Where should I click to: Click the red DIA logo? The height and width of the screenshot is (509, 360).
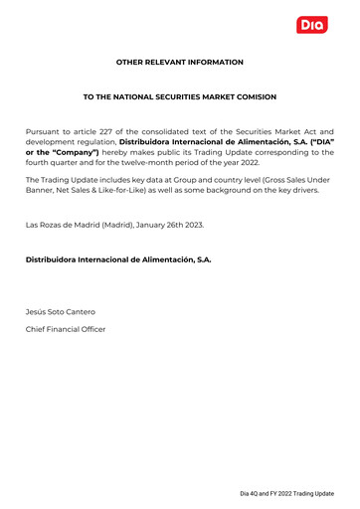click(312, 25)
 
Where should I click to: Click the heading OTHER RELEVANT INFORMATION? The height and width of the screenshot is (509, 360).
click(180, 62)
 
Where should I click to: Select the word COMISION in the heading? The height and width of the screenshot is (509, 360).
click(255, 96)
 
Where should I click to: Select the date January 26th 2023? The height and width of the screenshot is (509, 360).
click(170, 225)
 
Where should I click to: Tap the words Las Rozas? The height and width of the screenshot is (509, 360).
click(46, 225)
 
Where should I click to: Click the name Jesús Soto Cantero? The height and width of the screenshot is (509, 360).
click(61, 311)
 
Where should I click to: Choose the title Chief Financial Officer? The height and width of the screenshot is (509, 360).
click(66, 328)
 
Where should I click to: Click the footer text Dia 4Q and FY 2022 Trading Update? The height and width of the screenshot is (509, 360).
click(286, 494)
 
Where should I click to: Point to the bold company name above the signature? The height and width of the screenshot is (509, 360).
click(118, 259)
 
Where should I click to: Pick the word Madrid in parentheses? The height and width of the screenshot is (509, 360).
click(116, 225)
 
